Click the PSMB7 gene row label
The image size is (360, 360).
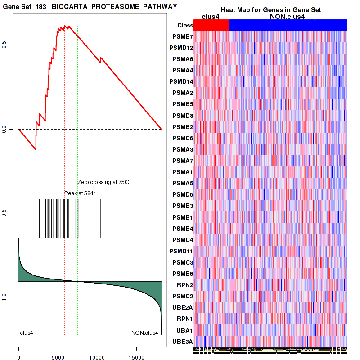[182, 36]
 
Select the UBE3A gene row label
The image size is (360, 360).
[182, 342]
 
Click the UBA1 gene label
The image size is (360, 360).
[184, 330]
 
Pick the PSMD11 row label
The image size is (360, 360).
[180, 251]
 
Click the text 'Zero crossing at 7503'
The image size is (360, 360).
[104, 182]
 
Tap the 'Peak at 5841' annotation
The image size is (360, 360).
[81, 193]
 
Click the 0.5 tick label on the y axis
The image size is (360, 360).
[9, 45]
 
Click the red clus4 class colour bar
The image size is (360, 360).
[211, 25]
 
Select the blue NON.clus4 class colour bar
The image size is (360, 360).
[288, 25]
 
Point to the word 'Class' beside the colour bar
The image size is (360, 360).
[185, 26]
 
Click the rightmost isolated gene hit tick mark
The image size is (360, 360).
[100, 219]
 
